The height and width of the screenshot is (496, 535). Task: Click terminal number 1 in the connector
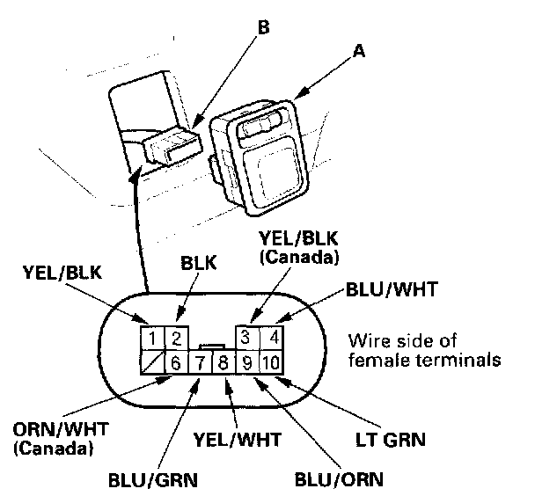point(152,337)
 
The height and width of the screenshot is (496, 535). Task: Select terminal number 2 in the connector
point(175,337)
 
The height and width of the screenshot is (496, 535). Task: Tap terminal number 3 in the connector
point(248,337)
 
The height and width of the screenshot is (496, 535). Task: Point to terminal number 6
point(175,361)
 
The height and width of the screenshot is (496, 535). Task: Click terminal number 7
point(201,361)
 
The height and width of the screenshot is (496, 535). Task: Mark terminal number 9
point(247,361)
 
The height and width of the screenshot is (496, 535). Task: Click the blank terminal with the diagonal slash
point(152,361)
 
